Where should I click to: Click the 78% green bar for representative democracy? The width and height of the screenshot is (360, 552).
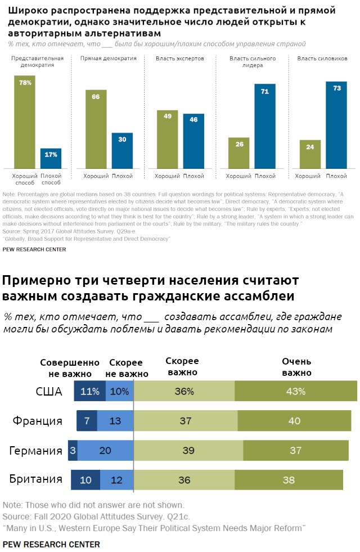(x=25, y=121)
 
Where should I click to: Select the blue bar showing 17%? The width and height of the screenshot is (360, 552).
(x=51, y=158)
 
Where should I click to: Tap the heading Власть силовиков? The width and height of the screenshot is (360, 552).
(x=322, y=59)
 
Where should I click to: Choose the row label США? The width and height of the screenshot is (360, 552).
(x=49, y=391)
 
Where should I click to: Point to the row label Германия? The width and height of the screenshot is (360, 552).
(x=35, y=451)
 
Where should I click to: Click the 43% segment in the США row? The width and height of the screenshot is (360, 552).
(x=295, y=391)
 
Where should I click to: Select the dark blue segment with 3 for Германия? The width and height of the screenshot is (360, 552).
(x=73, y=451)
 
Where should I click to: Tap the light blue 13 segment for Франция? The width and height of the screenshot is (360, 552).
(x=115, y=421)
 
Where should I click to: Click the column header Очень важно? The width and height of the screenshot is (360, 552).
(x=296, y=367)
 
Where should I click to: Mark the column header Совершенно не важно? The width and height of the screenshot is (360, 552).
(x=69, y=368)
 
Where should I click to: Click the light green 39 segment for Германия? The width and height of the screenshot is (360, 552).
(x=188, y=451)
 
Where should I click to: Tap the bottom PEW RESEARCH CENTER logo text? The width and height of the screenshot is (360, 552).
(x=51, y=544)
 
